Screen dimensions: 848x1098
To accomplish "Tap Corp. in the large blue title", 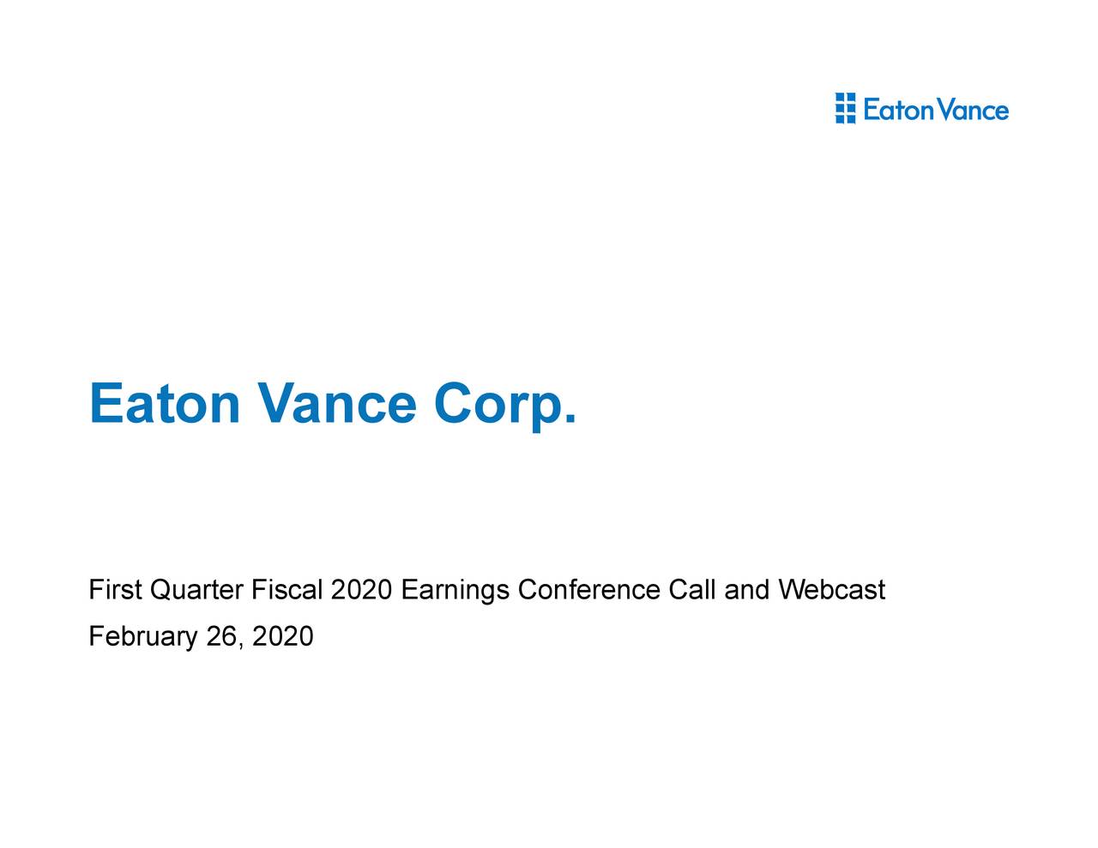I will point(504,405).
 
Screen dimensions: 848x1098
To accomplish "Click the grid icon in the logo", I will point(845,109).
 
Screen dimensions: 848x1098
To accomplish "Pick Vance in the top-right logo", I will point(973,110).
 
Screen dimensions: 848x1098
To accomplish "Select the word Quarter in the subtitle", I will point(196,591).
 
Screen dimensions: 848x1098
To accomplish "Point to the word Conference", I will point(588,591).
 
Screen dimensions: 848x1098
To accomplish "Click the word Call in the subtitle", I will point(691,591).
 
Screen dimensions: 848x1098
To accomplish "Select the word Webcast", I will point(831,591).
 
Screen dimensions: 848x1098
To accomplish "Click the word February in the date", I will point(142,637).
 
